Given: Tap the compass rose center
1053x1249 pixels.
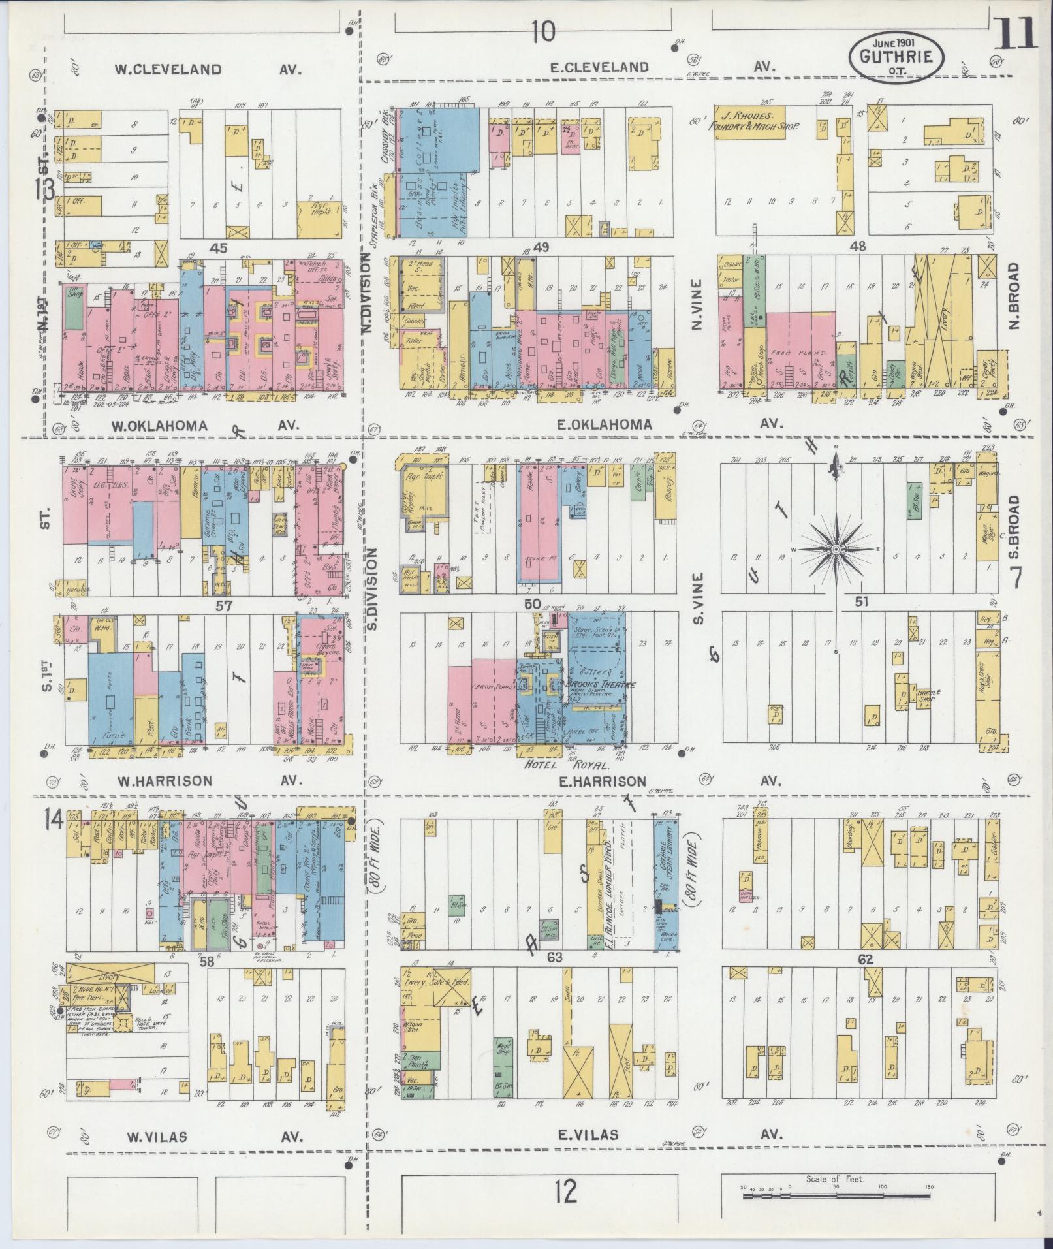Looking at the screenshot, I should click(836, 550).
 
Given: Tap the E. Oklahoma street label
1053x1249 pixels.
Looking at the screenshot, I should click(604, 424).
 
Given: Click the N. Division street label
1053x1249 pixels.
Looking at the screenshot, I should click(367, 294).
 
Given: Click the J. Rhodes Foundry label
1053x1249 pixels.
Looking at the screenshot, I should click(755, 120).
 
